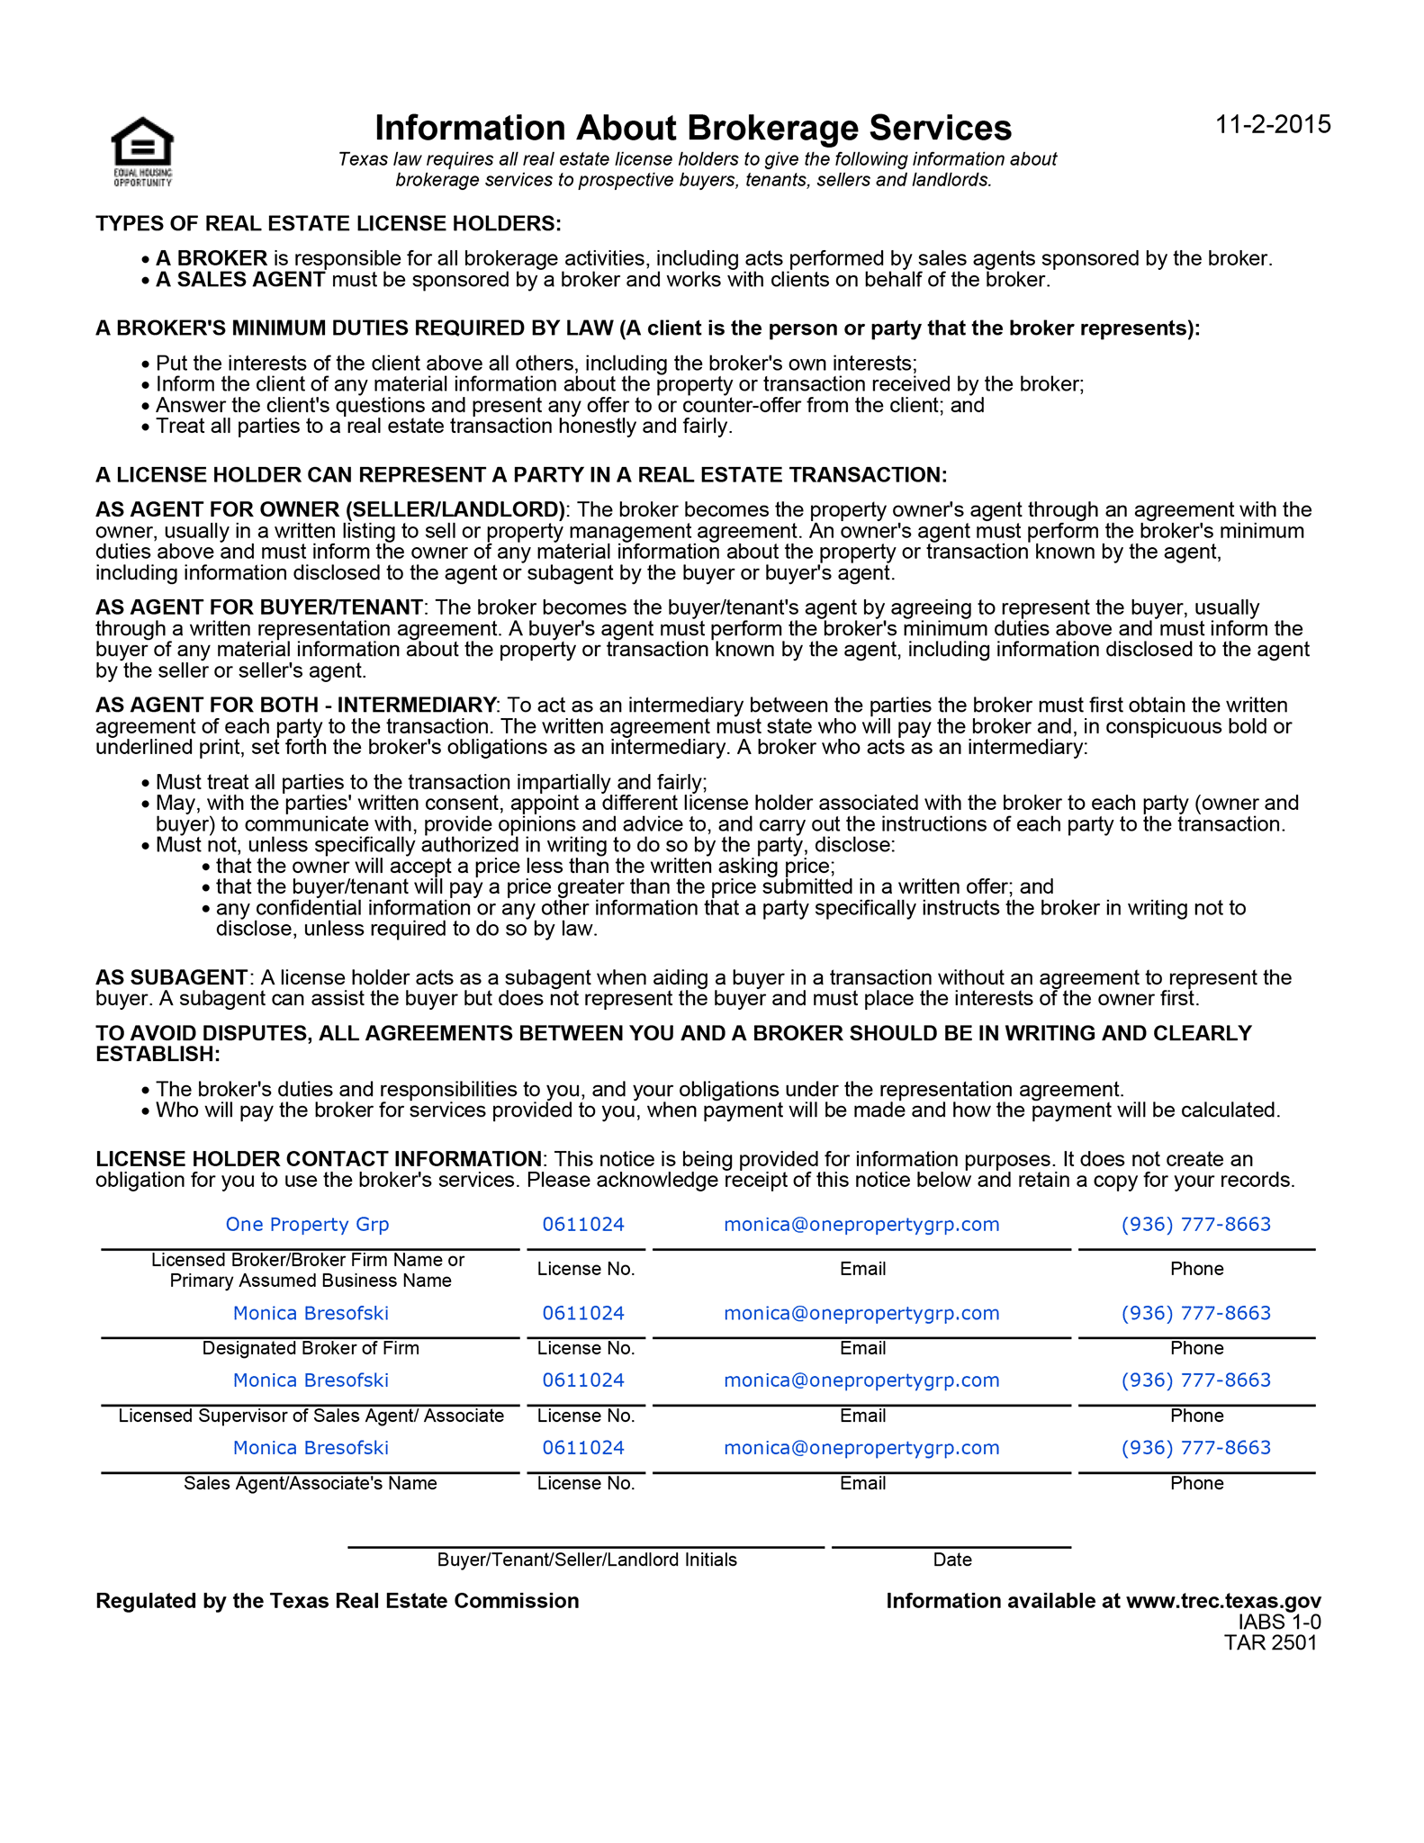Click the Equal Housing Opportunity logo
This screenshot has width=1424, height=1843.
[142, 150]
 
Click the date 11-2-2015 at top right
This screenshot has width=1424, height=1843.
[1273, 124]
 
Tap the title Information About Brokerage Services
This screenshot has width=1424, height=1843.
[692, 128]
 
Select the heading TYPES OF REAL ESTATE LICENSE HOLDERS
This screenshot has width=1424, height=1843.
[328, 223]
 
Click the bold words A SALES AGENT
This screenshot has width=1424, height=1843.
[239, 280]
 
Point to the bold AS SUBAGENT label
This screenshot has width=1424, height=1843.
[171, 977]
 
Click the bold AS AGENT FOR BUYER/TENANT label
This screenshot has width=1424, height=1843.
[259, 607]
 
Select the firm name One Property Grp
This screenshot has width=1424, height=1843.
[307, 1224]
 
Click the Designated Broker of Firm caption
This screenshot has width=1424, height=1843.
[311, 1348]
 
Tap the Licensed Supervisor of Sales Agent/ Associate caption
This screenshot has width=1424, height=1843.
[311, 1416]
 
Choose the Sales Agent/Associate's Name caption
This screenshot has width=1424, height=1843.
[311, 1483]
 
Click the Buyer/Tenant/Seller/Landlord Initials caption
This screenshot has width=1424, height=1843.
[587, 1560]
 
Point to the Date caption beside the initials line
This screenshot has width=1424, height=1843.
[952, 1560]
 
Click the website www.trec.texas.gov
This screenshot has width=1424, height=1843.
[1223, 1601]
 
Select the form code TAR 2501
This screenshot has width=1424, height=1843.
[1270, 1642]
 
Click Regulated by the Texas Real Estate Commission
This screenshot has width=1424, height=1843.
[338, 1601]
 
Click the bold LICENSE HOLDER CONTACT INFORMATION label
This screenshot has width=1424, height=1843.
[319, 1159]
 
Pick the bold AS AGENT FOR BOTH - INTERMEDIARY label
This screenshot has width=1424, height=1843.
[295, 705]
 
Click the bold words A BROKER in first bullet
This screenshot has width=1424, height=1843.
[212, 258]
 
